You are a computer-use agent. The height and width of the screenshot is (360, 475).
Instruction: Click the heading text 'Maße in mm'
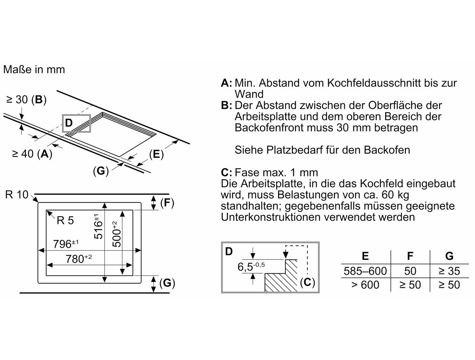34,69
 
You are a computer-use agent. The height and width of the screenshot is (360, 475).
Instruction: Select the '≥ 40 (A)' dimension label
32,154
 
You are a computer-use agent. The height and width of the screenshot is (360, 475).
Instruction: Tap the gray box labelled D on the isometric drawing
76,123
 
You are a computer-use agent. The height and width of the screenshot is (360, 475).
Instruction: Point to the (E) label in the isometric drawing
156,154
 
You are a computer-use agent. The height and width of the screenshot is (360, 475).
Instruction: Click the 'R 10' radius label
17,195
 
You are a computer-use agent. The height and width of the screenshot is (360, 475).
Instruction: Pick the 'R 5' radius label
65,220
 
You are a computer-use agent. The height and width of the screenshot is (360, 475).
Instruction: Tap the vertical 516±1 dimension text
98,226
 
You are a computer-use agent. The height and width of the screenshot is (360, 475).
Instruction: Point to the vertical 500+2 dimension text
116,234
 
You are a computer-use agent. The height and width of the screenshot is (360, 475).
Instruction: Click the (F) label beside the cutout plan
167,203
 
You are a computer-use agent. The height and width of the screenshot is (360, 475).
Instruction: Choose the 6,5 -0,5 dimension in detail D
251,267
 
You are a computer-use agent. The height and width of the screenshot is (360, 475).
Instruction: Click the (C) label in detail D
307,282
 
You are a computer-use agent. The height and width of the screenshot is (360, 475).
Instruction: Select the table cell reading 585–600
365,271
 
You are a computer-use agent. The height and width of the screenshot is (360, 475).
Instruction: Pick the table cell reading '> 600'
365,285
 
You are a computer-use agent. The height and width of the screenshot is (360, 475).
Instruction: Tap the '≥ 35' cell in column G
449,271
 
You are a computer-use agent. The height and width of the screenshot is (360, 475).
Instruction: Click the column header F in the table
410,256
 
